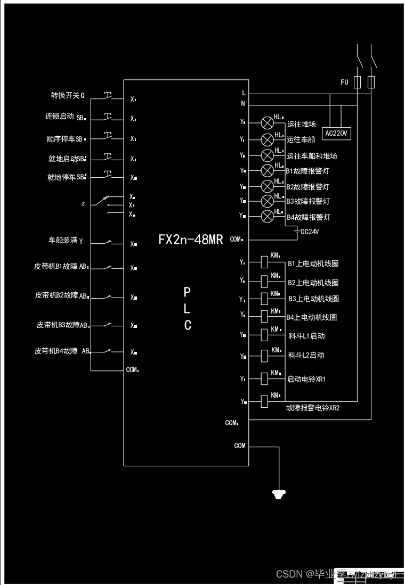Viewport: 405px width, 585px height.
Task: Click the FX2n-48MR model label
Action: pyautogui.click(x=190, y=240)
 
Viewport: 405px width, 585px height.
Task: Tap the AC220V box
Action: pyautogui.click(x=337, y=133)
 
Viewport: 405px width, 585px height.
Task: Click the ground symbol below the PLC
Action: pyautogui.click(x=277, y=494)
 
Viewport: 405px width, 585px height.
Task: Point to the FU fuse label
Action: pyautogui.click(x=344, y=82)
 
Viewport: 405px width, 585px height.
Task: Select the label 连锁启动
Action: pyautogui.click(x=60, y=116)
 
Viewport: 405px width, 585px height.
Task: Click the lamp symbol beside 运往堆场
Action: pyautogui.click(x=267, y=123)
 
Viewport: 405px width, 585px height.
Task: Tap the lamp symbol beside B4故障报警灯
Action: pyautogui.click(x=267, y=216)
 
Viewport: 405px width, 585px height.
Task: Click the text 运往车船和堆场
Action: pyautogui.click(x=312, y=156)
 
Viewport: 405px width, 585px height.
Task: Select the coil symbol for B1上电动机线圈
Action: pyautogui.click(x=264, y=262)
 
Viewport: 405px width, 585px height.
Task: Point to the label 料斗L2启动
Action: pyautogui.click(x=306, y=355)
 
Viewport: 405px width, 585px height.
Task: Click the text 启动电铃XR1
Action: pyautogui.click(x=306, y=380)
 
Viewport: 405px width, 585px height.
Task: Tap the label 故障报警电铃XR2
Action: pyautogui.click(x=313, y=408)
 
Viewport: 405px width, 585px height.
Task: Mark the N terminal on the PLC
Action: pyautogui.click(x=244, y=103)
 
